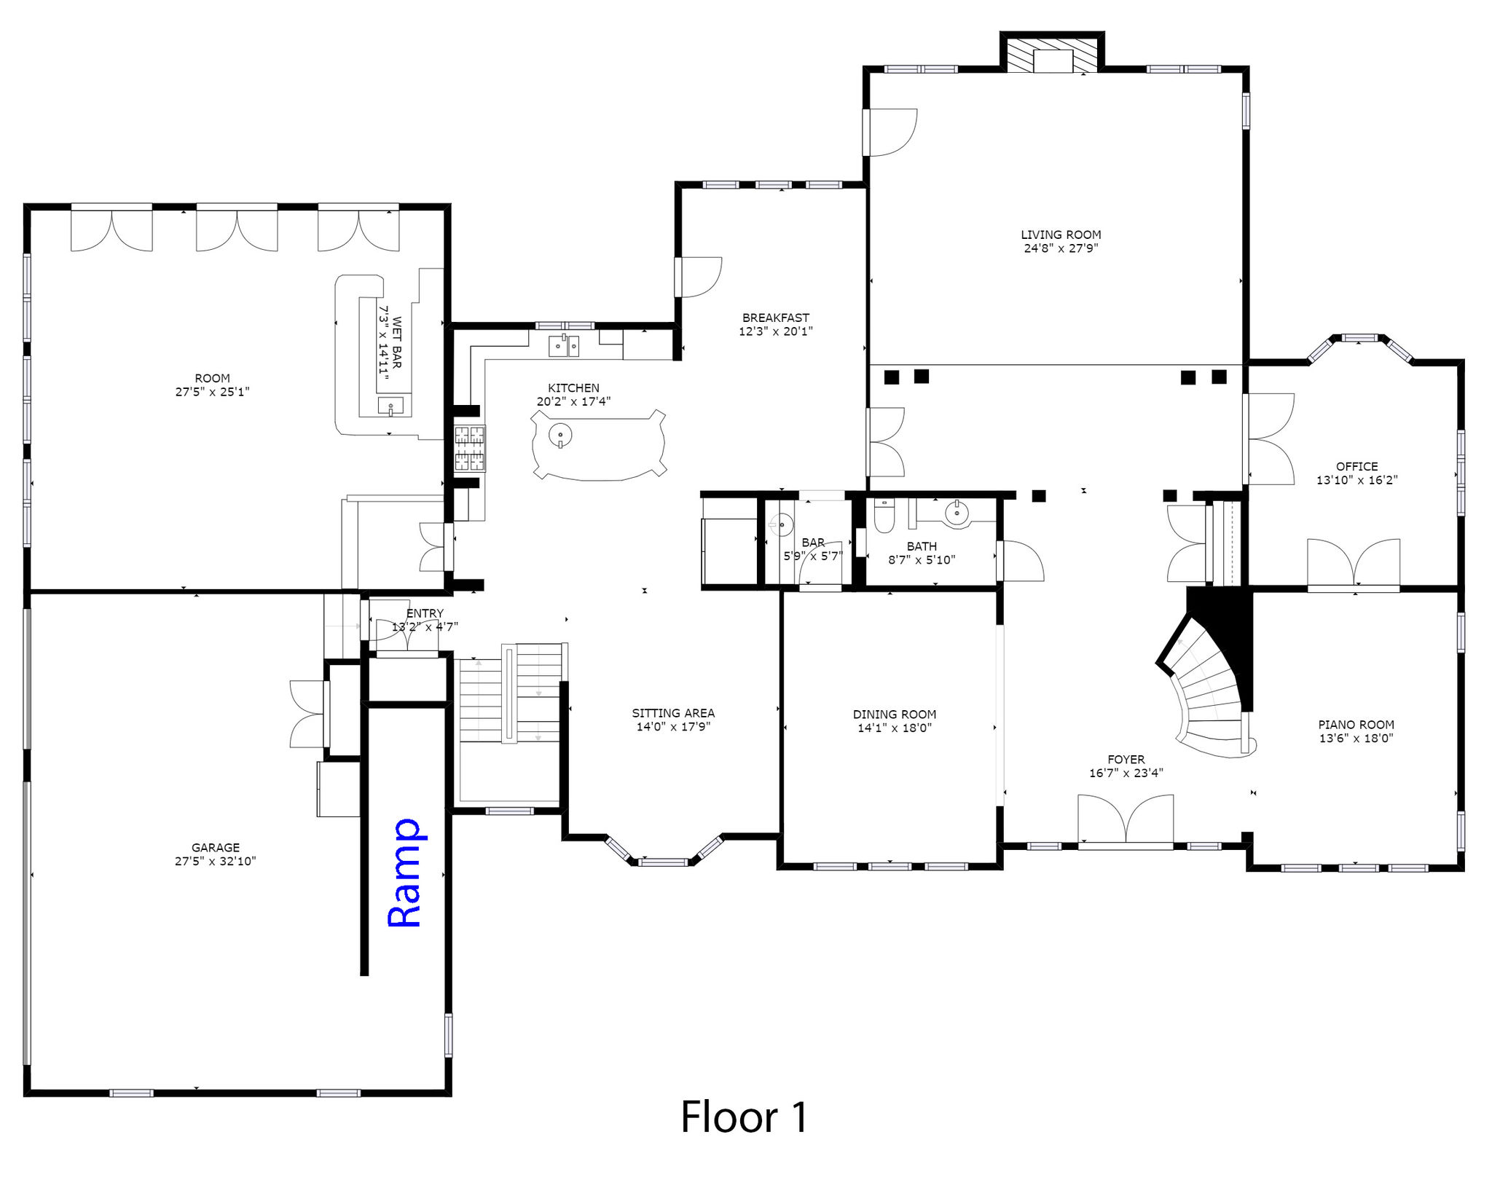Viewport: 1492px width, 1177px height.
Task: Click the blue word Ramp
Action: (x=405, y=873)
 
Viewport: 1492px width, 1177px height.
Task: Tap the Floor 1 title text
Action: (x=745, y=1117)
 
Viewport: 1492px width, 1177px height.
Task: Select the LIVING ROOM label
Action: (x=1061, y=235)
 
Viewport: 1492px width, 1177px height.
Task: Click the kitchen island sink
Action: (x=560, y=436)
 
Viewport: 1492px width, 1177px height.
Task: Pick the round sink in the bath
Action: (x=957, y=514)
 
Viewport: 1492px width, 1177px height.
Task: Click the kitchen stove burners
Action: (x=470, y=448)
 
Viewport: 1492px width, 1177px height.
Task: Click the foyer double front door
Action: (x=1126, y=822)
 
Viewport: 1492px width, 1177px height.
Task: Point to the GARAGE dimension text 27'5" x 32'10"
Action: (x=215, y=861)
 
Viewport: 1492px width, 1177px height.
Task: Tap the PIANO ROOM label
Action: (x=1356, y=725)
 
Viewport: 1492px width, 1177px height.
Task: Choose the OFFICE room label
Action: (x=1356, y=466)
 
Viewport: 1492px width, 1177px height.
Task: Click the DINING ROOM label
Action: (x=895, y=715)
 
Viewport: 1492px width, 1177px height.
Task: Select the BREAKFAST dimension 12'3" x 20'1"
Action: (x=775, y=331)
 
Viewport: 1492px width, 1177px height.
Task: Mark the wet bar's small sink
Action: (x=391, y=406)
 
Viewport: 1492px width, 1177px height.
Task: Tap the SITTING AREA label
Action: (x=673, y=713)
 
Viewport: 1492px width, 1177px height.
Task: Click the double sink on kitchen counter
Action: (x=564, y=345)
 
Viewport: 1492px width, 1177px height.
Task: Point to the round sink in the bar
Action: (x=781, y=523)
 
